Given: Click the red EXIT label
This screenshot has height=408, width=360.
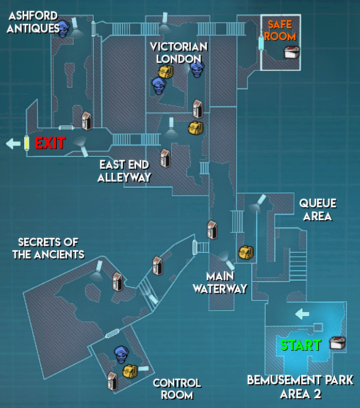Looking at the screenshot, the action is point(50,143).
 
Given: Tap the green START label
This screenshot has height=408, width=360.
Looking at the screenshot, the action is point(300,345).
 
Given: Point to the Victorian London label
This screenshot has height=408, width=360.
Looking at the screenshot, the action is point(178,53).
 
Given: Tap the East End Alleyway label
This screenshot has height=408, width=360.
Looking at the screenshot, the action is point(124,171).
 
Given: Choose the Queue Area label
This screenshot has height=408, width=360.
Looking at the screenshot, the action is point(318,210).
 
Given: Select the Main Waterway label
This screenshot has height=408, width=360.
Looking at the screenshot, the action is point(220,283).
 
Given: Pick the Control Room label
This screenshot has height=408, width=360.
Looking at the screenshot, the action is point(177,389).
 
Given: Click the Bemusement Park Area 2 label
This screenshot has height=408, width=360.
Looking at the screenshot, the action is point(300,387).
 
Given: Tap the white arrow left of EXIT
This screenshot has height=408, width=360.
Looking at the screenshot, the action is point(13,143).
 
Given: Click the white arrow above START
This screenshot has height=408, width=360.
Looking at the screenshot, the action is point(302,313).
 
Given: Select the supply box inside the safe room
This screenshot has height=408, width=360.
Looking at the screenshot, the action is point(291,52).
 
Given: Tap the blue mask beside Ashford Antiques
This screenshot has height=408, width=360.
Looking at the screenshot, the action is point(63,28).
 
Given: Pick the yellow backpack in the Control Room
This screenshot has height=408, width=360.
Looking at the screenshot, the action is point(129,370).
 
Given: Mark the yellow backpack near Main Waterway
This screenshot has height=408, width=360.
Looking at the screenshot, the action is point(246,252).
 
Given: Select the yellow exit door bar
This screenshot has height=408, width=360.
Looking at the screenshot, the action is point(26,143).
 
